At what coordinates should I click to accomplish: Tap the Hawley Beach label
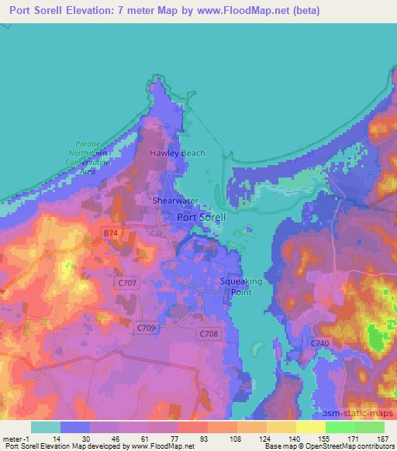click(x=177, y=153)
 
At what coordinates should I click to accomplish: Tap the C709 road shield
click(x=145, y=328)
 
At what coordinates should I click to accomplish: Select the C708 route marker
click(x=208, y=333)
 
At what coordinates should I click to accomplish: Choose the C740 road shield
click(x=320, y=343)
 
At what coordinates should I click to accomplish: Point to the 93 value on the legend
click(x=182, y=439)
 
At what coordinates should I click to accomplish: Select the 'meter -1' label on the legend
click(x=16, y=439)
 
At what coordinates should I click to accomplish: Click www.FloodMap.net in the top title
click(x=251, y=11)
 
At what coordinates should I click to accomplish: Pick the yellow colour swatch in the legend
click(x=309, y=427)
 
